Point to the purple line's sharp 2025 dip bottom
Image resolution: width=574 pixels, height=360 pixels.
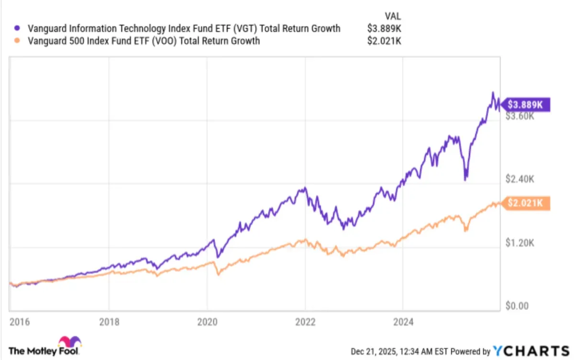click(465, 180)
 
